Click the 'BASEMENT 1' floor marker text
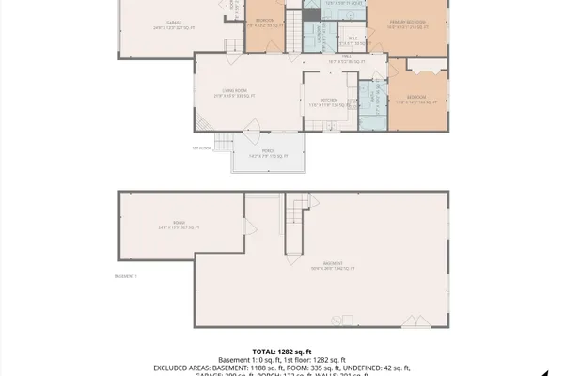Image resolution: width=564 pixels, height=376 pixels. click(x=126, y=276)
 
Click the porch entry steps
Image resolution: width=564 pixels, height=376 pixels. click(x=223, y=142)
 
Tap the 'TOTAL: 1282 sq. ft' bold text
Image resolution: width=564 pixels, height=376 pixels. click(x=283, y=350)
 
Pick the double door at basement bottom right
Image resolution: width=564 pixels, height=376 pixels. click(x=411, y=321)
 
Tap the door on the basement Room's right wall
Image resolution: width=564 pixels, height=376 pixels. click(x=246, y=227)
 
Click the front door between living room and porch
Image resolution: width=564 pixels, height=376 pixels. click(x=254, y=132)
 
